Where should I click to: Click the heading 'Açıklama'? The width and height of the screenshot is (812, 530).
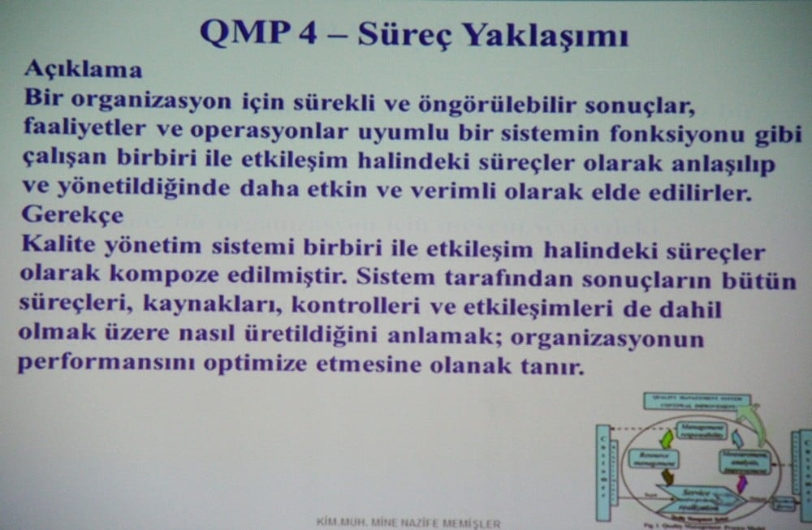[x=83, y=68]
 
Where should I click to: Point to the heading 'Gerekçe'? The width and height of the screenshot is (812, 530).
[x=73, y=216]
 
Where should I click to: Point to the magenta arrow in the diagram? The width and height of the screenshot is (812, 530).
[x=741, y=483]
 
